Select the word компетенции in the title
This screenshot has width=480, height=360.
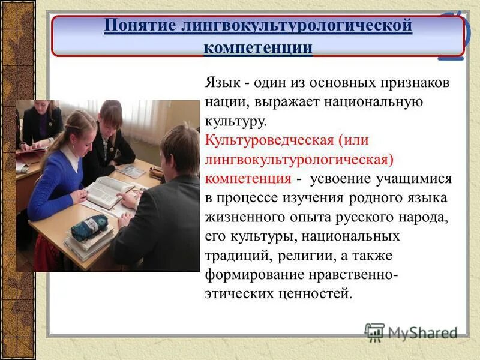click(258, 47)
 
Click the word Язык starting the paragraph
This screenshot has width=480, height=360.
click(223, 83)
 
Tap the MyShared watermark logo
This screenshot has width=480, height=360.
click(412, 332)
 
